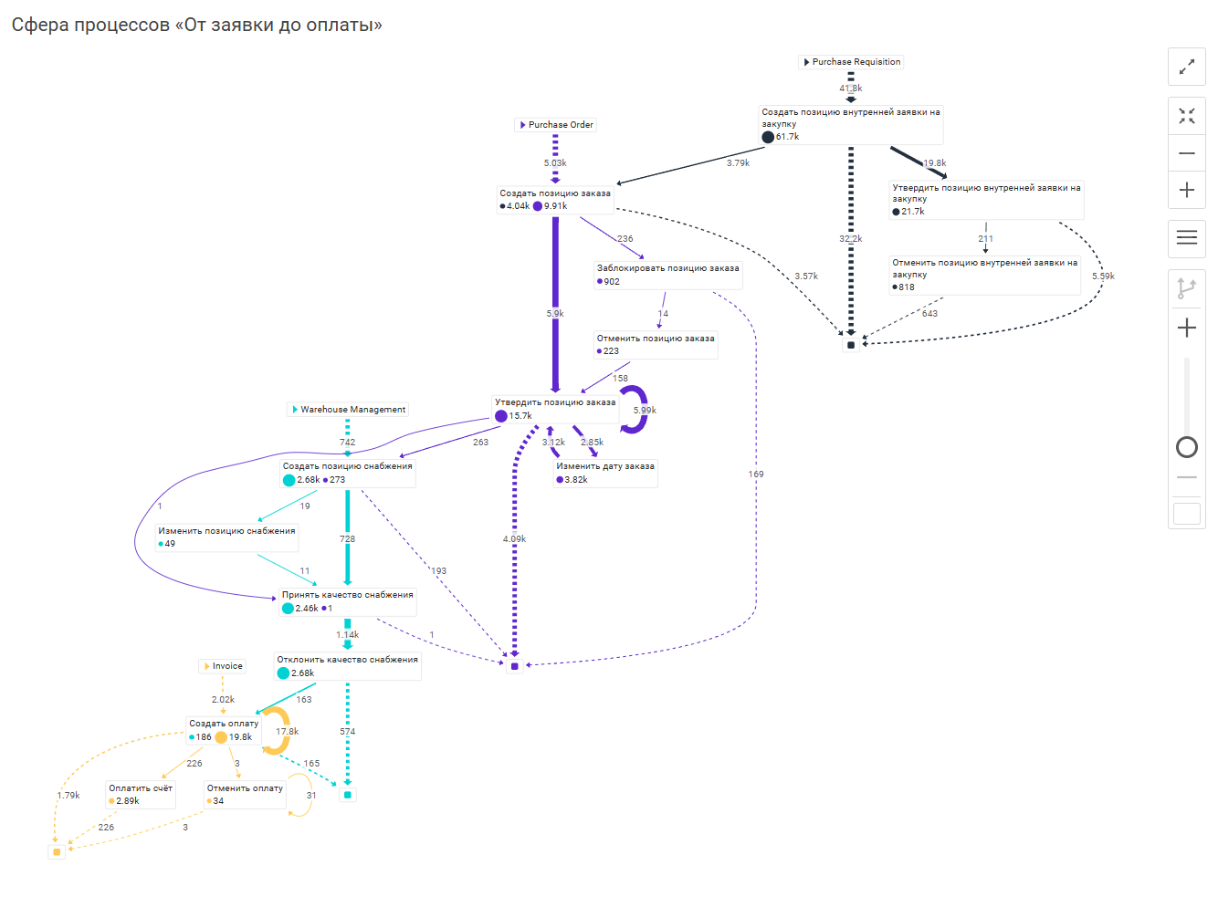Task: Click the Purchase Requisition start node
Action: (x=851, y=62)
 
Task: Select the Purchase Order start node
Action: (x=556, y=125)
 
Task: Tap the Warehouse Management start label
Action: (x=348, y=410)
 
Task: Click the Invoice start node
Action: (x=223, y=666)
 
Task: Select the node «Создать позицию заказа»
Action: (x=554, y=199)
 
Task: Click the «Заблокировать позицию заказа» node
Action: (x=667, y=275)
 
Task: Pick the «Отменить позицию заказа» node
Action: (x=655, y=344)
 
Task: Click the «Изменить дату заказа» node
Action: (x=604, y=473)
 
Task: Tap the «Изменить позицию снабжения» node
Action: (x=226, y=537)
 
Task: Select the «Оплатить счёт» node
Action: (x=141, y=794)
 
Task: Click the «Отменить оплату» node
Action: (x=245, y=794)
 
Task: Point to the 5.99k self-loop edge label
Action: (x=645, y=411)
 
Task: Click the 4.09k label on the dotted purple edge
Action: (x=514, y=539)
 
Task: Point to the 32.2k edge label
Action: (x=850, y=239)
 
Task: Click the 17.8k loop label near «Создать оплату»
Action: (x=287, y=732)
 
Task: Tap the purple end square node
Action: (x=515, y=666)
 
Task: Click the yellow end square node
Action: (x=57, y=851)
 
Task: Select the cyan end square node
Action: (x=347, y=795)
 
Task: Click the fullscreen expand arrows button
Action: (x=1186, y=67)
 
